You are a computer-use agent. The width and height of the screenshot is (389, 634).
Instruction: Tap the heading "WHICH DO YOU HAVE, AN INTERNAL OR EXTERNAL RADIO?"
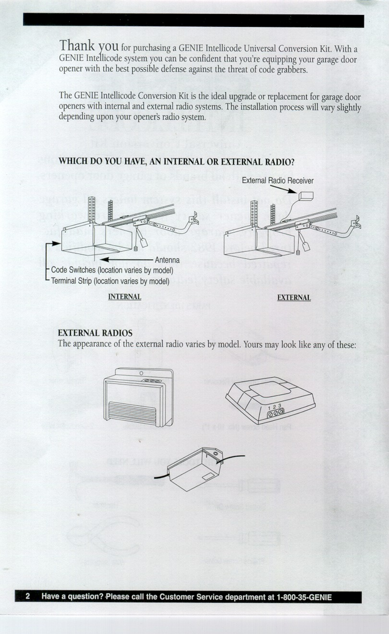[177, 162]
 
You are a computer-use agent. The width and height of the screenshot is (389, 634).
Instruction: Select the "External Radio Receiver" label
[277, 181]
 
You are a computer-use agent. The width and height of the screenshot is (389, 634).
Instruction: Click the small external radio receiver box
[306, 196]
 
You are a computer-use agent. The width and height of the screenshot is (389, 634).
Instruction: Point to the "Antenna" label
[167, 260]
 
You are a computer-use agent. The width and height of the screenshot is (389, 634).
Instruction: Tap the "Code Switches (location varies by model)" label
[112, 270]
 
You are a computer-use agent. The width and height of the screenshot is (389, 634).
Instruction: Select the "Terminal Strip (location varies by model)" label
[110, 281]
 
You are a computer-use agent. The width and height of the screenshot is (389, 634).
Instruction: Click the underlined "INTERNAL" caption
[124, 297]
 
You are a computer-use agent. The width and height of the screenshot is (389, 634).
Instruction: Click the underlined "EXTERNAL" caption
[294, 297]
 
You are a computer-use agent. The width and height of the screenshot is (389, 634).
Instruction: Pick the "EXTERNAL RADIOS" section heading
[95, 333]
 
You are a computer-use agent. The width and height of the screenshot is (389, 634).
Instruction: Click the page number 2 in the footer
[28, 596]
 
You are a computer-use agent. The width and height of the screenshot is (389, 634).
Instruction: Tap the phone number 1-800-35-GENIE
[304, 597]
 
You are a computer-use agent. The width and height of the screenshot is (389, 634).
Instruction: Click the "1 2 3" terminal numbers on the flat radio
[274, 407]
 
